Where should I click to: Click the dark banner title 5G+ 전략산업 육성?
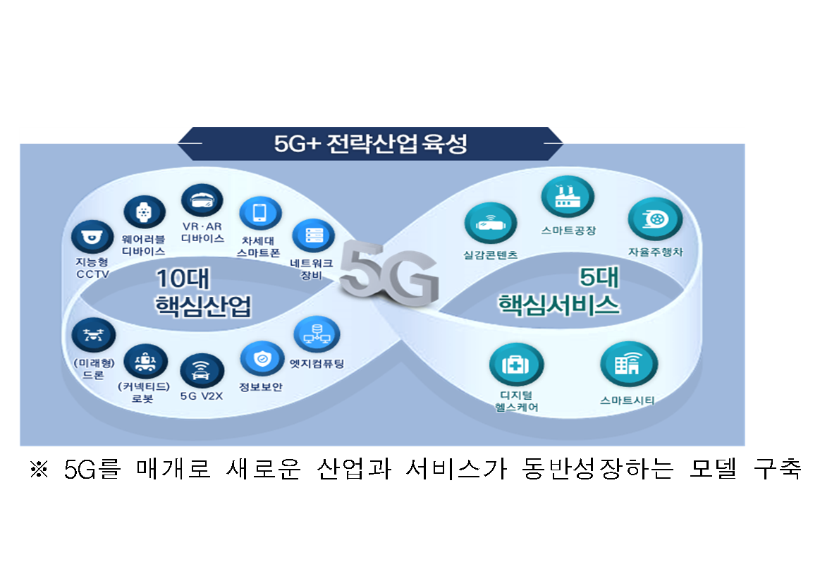coord(370,144)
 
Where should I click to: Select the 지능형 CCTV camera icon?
coord(92,237)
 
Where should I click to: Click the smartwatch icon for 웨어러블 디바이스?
coord(145,212)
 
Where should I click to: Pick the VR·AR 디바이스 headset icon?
coord(202,200)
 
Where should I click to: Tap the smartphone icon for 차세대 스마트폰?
coord(260,213)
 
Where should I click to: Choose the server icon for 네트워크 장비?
coord(313,236)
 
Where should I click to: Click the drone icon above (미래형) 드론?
coord(93,335)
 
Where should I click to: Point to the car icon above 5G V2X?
coord(202,371)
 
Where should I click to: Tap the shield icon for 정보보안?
coord(262,359)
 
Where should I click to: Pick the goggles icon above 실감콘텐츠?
coord(491,224)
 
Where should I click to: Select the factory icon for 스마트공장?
coord(568,197)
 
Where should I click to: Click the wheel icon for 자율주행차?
coord(655,219)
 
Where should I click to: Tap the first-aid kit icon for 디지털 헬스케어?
coord(516,365)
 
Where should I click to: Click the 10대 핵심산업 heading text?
coord(204,293)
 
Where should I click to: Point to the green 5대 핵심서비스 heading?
coord(559,290)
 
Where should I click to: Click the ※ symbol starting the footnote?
coord(39,469)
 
